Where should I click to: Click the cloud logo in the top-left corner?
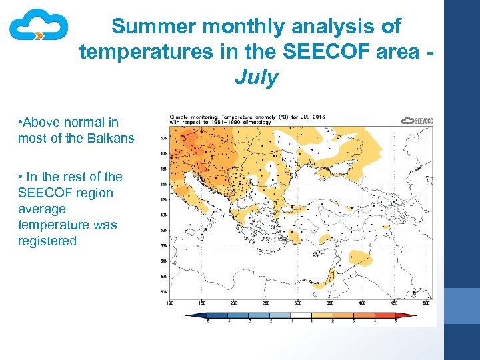coord(39,26)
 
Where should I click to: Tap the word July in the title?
coord(256,77)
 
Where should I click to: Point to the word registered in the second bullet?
coord(47,241)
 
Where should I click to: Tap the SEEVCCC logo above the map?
coord(417,121)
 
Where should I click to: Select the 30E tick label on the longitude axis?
coord(299,303)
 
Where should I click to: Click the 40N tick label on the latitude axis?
coord(164,215)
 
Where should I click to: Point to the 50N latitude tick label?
coord(164,139)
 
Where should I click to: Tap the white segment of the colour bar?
coord(301,315)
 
